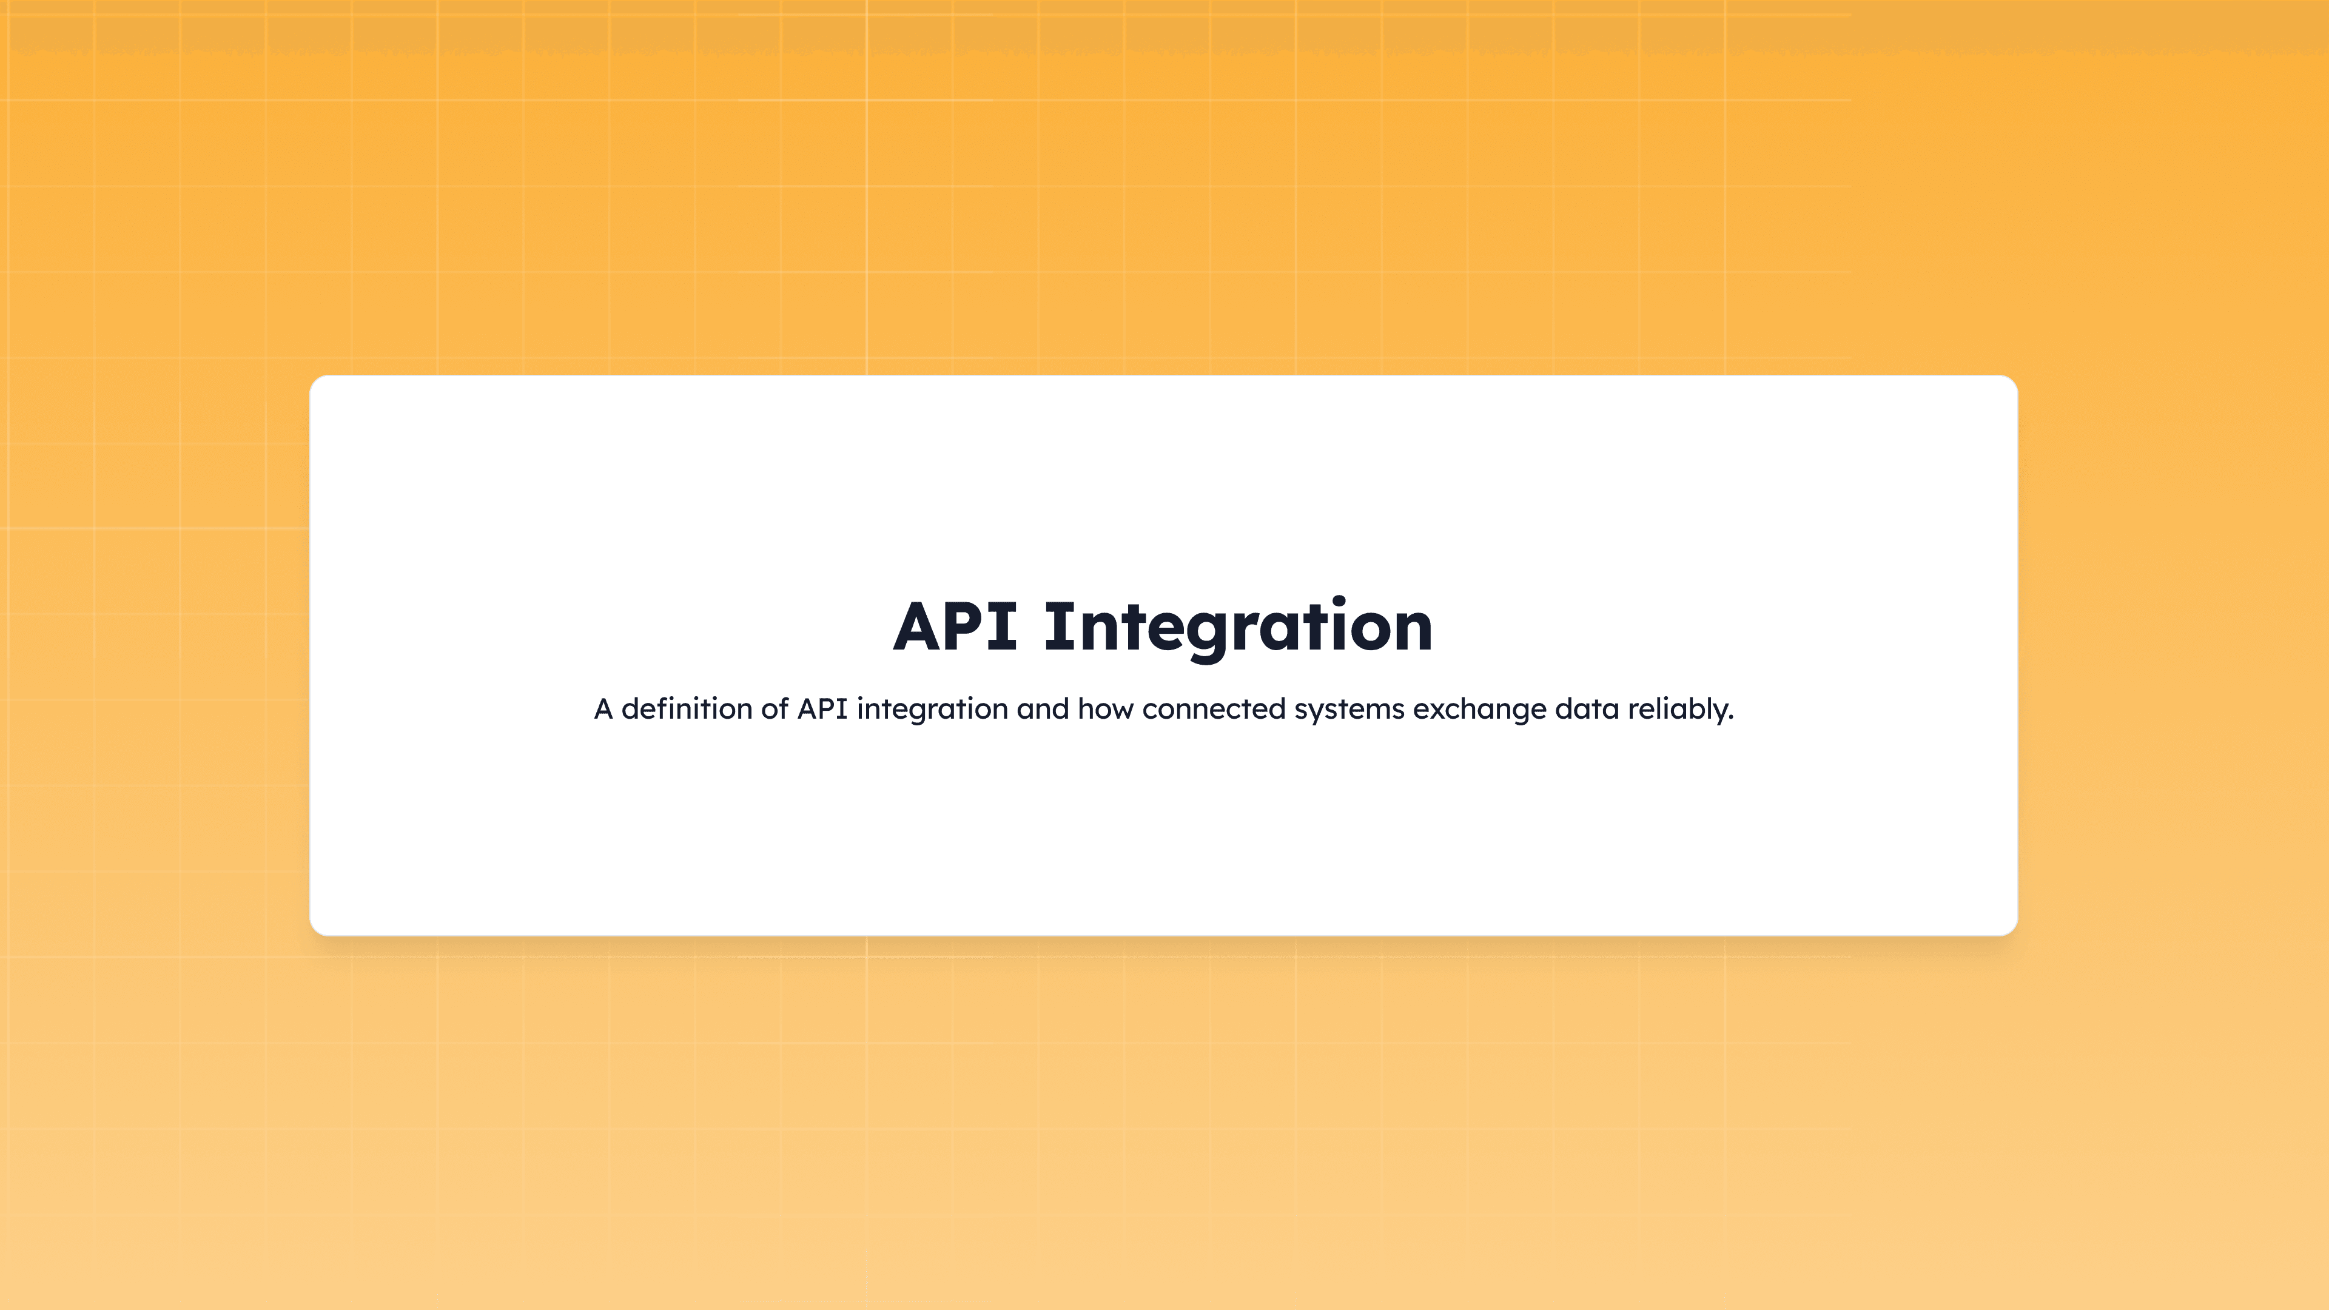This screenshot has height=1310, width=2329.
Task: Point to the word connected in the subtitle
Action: point(1213,709)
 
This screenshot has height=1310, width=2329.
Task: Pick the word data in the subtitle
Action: point(1587,709)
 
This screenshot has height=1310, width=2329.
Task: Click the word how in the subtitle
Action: point(1105,709)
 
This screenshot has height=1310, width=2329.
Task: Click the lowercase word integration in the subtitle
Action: point(931,709)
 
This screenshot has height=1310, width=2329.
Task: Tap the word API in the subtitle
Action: point(822,709)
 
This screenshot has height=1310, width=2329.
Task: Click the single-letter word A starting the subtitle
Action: point(603,709)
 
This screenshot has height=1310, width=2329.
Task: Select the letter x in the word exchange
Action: point(1439,711)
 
